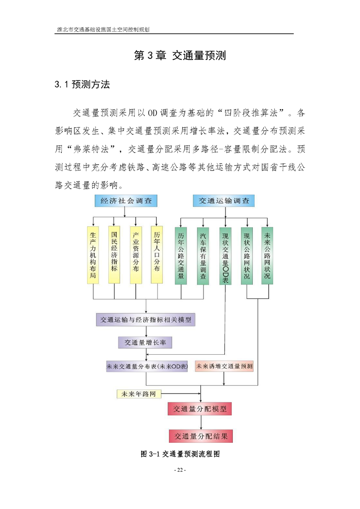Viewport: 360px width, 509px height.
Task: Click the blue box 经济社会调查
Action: click(x=126, y=201)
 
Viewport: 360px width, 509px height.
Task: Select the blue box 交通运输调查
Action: click(x=224, y=201)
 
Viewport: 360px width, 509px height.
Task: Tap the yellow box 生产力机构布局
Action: click(x=93, y=255)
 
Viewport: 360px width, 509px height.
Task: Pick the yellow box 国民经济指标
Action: click(x=114, y=255)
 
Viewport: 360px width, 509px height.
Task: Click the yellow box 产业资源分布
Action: click(x=136, y=255)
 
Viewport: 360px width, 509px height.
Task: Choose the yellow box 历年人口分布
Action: click(x=157, y=255)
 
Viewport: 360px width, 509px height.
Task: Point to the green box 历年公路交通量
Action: click(x=181, y=256)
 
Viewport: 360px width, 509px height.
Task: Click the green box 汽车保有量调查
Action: click(x=203, y=256)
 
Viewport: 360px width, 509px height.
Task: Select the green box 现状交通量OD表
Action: click(x=226, y=256)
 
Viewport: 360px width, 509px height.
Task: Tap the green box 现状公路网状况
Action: click(x=247, y=256)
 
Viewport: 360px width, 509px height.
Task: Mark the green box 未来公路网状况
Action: click(x=267, y=256)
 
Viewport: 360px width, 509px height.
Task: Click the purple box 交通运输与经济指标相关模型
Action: click(x=146, y=320)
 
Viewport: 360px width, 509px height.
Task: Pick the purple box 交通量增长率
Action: click(x=145, y=343)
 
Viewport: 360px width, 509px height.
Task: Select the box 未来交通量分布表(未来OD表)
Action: click(x=147, y=367)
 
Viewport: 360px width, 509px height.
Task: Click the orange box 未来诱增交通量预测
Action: click(x=224, y=366)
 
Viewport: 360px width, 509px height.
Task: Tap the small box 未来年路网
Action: click(x=139, y=394)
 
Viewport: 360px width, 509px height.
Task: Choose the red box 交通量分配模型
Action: click(x=200, y=409)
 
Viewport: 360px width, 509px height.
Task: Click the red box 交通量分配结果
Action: click(x=201, y=436)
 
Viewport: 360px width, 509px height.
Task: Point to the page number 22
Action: click(x=180, y=470)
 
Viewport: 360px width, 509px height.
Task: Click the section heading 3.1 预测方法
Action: click(x=82, y=84)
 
